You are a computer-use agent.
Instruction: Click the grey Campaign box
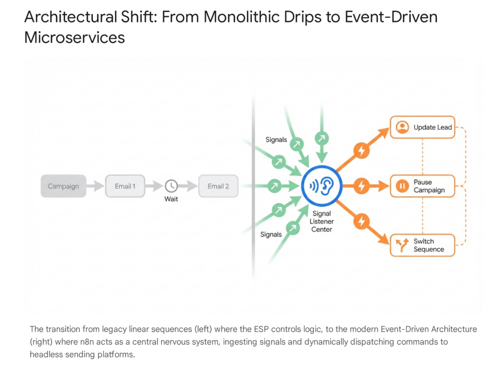click(63, 186)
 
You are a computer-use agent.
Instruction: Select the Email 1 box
click(125, 186)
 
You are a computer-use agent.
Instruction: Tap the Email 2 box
click(218, 186)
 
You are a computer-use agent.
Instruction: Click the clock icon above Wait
click(172, 186)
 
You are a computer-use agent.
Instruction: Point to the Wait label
click(172, 199)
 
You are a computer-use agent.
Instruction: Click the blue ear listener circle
click(322, 186)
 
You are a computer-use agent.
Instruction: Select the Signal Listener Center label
click(322, 221)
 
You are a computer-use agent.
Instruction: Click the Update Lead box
click(422, 127)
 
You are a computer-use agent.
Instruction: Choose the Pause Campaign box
click(422, 186)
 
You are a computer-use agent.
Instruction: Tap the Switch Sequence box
click(422, 245)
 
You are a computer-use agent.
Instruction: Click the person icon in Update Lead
click(402, 127)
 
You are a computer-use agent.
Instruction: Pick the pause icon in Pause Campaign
click(402, 186)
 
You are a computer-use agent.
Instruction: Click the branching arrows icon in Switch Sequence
click(402, 245)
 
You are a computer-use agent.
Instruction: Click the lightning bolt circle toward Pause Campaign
click(361, 185)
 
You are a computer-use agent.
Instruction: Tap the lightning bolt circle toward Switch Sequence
click(361, 221)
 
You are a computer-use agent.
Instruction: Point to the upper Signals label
click(276, 139)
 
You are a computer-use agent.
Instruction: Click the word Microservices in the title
click(75, 38)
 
